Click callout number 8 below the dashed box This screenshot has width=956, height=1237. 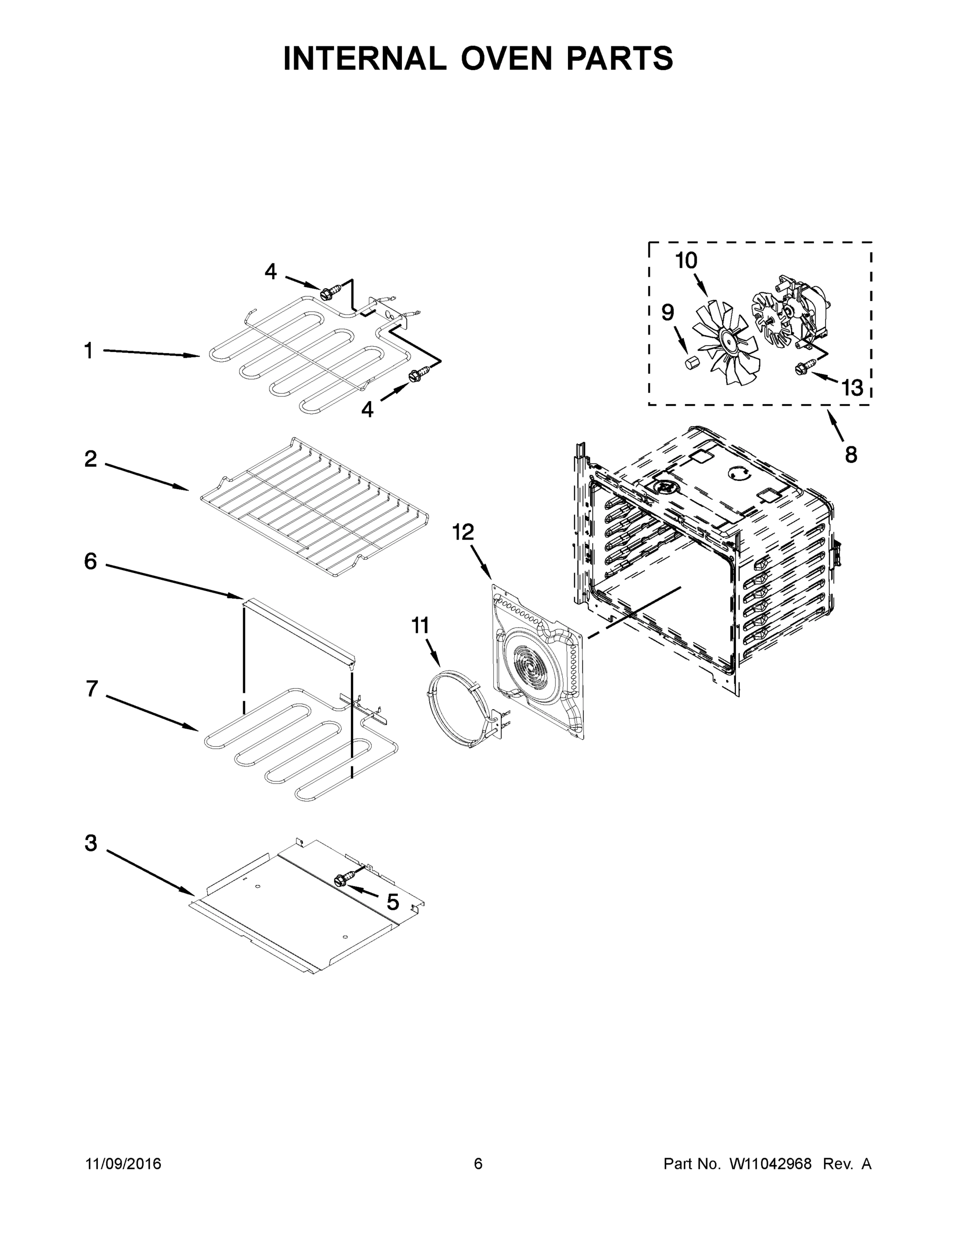click(x=851, y=454)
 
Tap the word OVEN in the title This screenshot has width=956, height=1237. click(x=506, y=58)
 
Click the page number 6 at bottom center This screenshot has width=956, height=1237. click(x=478, y=1163)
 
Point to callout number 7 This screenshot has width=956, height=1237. click(x=92, y=689)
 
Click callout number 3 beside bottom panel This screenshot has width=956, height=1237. click(x=91, y=843)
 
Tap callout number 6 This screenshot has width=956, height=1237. click(x=91, y=561)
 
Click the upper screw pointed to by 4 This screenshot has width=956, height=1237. click(x=327, y=293)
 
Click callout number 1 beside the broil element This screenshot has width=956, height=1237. click(x=88, y=350)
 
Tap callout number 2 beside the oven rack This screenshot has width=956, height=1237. click(x=91, y=459)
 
